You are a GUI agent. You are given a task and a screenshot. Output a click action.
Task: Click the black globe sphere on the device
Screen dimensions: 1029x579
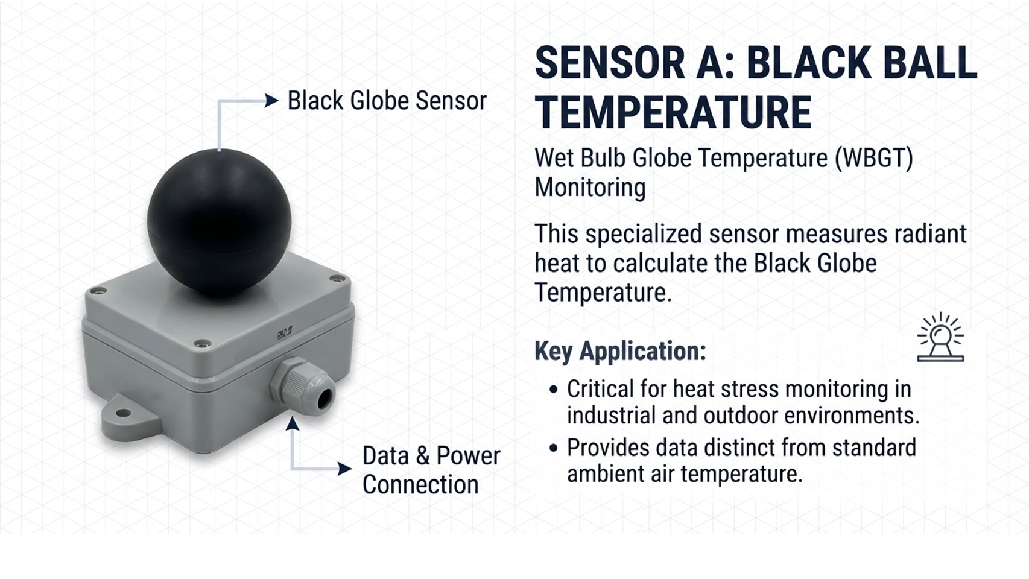(219, 223)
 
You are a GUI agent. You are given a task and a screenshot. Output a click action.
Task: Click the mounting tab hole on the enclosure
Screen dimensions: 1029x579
(122, 413)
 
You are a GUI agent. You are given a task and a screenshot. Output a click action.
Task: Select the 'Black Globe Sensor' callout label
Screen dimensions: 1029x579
(387, 101)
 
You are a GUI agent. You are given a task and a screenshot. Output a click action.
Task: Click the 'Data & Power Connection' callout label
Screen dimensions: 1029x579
(431, 470)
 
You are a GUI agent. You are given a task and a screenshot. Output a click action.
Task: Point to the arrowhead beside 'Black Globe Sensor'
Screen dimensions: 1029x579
(271, 101)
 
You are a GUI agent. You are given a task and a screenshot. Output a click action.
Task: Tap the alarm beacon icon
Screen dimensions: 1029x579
(940, 337)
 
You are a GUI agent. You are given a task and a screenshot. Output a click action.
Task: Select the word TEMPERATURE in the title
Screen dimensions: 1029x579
(674, 112)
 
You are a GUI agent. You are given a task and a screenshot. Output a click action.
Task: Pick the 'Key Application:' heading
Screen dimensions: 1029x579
(620, 352)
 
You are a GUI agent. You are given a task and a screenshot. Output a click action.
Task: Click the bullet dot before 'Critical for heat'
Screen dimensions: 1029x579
(554, 390)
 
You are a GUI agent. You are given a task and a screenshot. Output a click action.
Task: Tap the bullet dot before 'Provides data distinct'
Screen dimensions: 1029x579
(554, 448)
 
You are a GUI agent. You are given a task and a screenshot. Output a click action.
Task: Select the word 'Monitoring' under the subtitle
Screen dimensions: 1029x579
(590, 188)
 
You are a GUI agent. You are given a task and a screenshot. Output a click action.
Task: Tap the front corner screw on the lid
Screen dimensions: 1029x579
(201, 343)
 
